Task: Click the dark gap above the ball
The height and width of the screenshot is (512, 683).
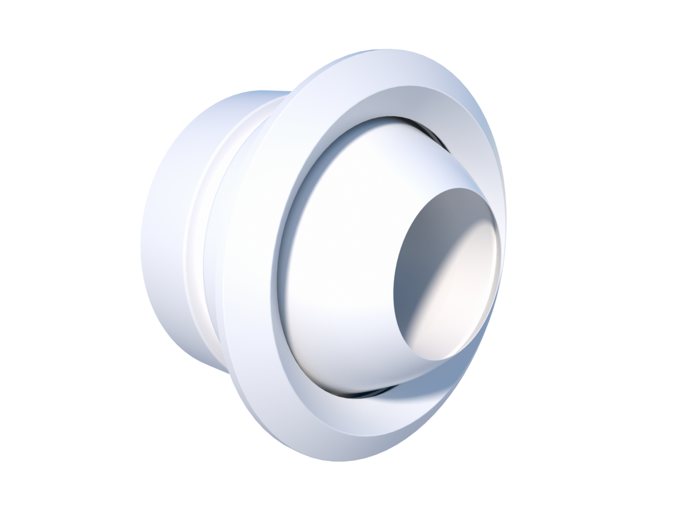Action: tap(400, 121)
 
